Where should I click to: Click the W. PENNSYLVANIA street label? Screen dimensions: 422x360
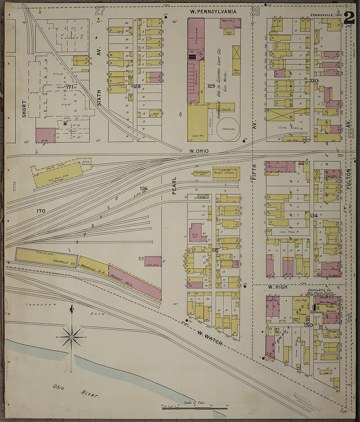213,12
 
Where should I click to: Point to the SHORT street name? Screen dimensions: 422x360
24,109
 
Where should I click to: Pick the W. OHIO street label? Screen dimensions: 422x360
199,151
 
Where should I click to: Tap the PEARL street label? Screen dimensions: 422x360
174,185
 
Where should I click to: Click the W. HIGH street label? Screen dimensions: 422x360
278,287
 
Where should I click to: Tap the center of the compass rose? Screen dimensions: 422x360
71,337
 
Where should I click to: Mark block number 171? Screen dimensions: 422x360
69,87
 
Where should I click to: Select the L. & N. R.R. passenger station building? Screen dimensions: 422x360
226,174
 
